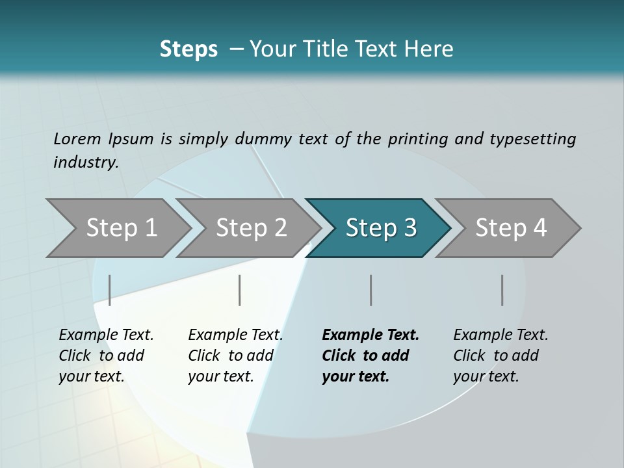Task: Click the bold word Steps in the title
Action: coord(188,49)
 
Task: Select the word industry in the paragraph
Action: coord(85,162)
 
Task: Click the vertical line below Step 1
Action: coord(109,290)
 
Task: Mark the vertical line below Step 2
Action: coord(240,290)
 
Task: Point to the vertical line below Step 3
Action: coord(370,290)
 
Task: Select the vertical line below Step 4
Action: coord(502,290)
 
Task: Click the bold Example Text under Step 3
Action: coord(370,335)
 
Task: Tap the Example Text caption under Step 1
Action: coord(106,335)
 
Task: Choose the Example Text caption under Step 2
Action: coord(235,335)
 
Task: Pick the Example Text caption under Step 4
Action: coord(500,335)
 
